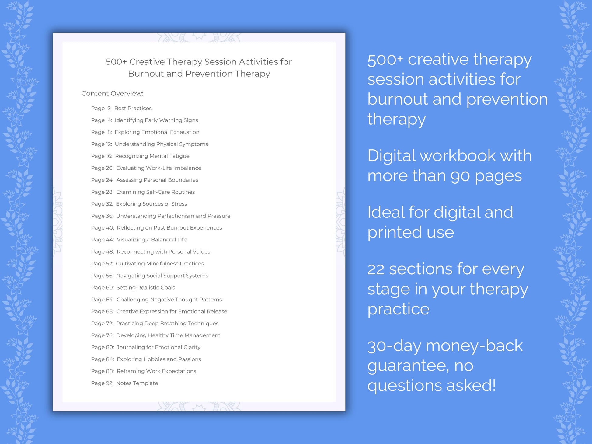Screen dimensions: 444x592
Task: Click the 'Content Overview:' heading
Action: (112, 93)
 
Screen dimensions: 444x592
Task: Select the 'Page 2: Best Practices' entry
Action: (121, 108)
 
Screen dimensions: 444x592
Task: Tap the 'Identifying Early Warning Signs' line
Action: (156, 120)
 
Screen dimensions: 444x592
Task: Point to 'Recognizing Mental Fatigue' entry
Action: (152, 156)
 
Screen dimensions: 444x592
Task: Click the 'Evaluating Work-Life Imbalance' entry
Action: (158, 168)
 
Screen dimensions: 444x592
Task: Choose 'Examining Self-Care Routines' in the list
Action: (155, 192)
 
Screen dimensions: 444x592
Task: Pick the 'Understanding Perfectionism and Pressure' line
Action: (173, 216)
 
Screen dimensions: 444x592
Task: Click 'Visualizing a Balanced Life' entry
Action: (151, 240)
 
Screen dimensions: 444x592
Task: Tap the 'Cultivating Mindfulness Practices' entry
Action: (160, 264)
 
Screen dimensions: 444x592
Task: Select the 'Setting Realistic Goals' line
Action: (145, 287)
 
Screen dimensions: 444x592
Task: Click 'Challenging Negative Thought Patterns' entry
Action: (169, 300)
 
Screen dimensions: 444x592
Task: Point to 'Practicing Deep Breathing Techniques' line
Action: (167, 323)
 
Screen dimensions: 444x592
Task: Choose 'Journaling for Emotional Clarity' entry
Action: (158, 347)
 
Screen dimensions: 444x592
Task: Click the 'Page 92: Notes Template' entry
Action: (124, 383)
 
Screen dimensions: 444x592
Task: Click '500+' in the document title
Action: (116, 62)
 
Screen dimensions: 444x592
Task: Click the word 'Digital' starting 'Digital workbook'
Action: (391, 156)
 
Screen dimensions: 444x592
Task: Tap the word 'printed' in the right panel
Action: (394, 232)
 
